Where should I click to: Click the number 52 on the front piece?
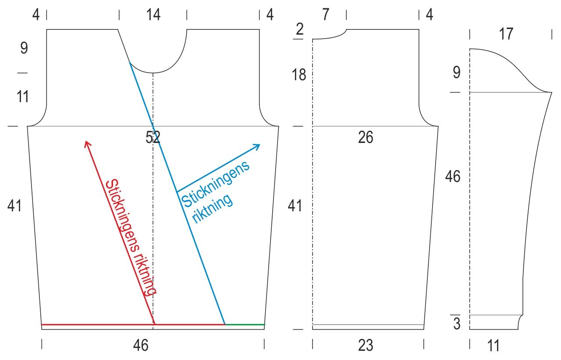[x=153, y=138]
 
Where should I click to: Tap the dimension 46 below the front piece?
[x=141, y=346]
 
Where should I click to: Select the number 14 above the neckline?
[x=153, y=15]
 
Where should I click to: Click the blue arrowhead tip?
[x=260, y=145]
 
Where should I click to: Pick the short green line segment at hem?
[x=245, y=324]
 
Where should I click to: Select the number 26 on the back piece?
[x=366, y=138]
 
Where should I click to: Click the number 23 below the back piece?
[x=366, y=346]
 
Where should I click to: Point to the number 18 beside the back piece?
[x=299, y=75]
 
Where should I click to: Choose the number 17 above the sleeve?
[x=506, y=34]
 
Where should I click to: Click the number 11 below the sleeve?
[x=493, y=346]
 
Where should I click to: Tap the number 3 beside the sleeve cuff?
[x=457, y=324]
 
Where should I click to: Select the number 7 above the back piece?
[x=325, y=15]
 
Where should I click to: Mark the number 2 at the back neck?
[x=300, y=29]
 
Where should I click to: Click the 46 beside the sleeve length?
[x=453, y=177]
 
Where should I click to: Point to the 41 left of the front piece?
[x=14, y=206]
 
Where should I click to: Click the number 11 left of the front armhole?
[x=23, y=96]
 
